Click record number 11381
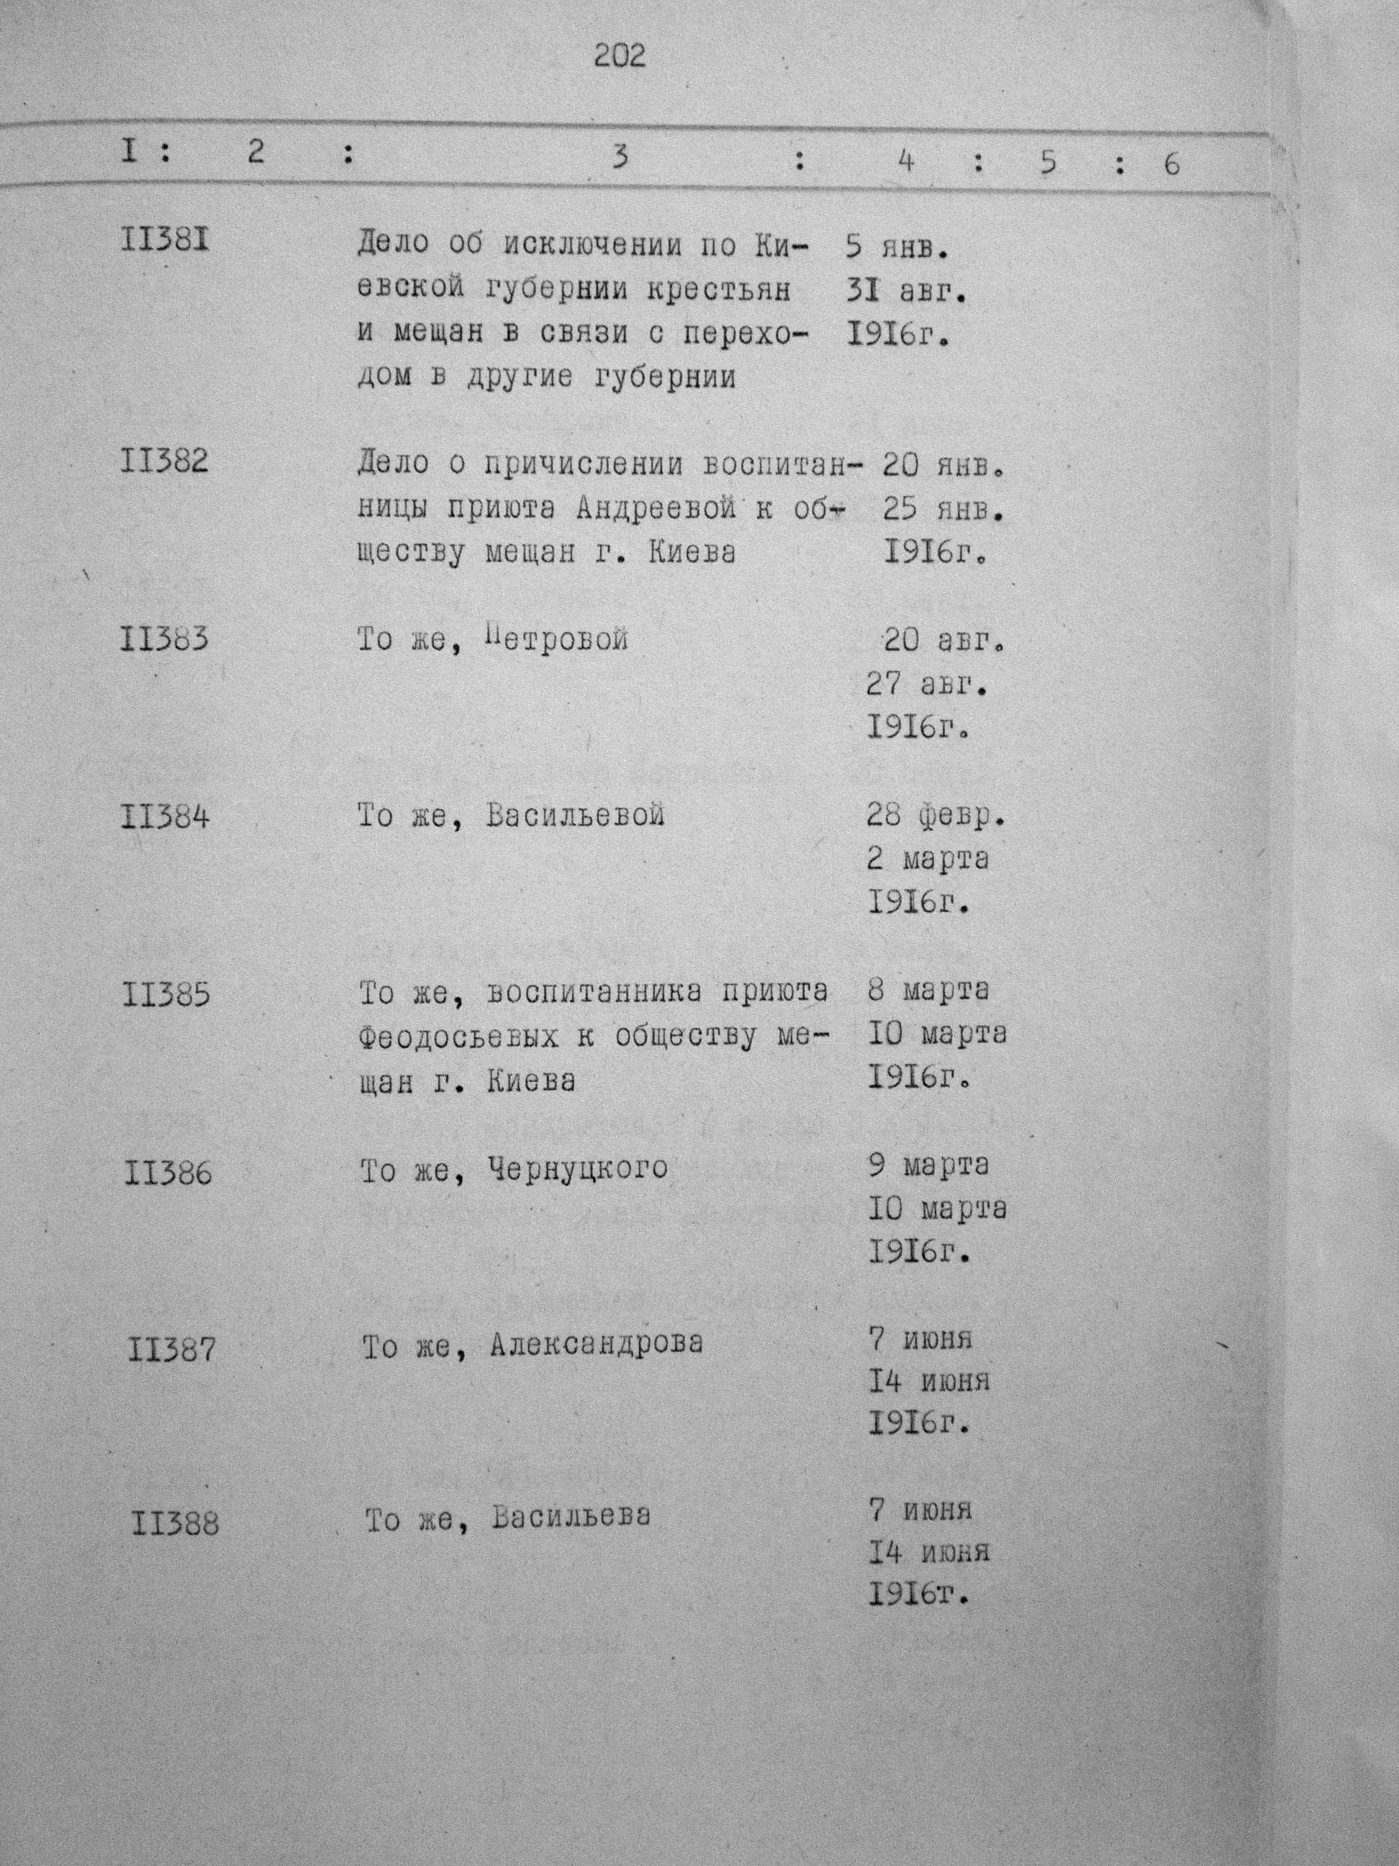point(166,240)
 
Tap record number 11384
point(166,816)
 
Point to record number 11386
point(168,1173)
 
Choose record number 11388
point(175,1523)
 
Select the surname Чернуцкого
point(578,1168)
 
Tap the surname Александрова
point(595,1343)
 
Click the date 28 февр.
point(936,815)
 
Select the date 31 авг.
point(905,292)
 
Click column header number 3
point(620,157)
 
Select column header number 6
point(1172,163)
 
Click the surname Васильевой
point(575,816)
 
